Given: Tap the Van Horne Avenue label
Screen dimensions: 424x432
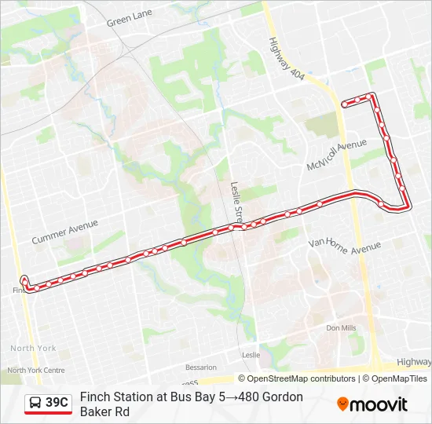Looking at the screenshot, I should coord(344,246).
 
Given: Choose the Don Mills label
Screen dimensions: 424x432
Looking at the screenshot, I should coord(341,327).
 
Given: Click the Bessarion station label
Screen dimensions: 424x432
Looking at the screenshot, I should coord(201,367).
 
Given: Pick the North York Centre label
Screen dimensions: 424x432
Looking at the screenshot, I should coord(36,370).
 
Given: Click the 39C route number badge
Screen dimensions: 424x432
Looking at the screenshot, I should coord(57,403).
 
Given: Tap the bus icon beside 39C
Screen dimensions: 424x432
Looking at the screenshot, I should coord(36,403).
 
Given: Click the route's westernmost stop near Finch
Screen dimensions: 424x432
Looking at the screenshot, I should coord(24,280).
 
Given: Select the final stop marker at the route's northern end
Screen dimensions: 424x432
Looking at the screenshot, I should coord(345,104).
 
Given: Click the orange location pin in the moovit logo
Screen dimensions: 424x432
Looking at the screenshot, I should coord(342,404).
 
